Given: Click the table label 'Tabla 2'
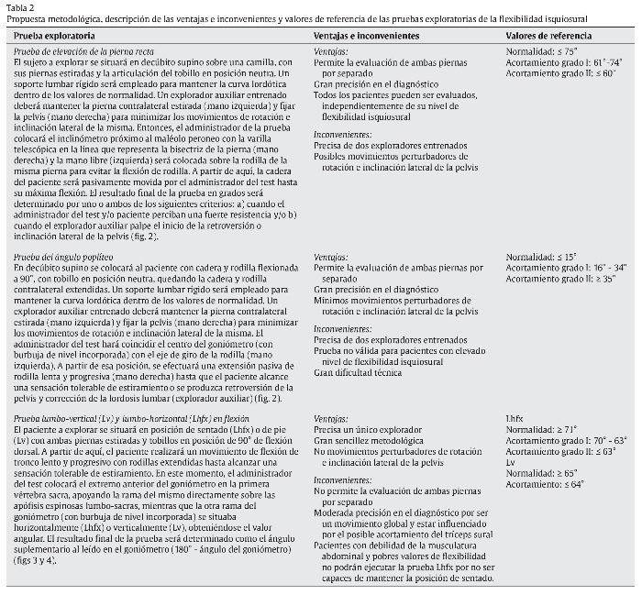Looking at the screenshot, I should [19, 6].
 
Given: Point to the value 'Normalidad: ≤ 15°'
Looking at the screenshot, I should [542, 258].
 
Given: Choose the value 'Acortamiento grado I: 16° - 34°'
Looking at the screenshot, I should [568, 268].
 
